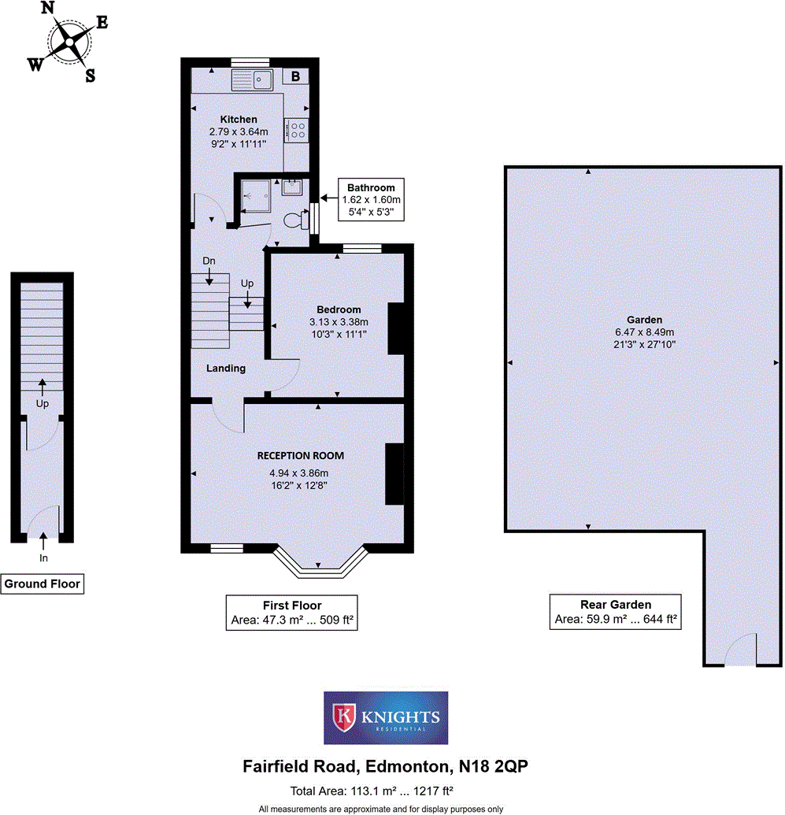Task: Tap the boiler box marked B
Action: tap(296, 76)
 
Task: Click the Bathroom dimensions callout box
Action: tap(371, 200)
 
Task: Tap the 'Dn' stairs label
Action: tap(209, 261)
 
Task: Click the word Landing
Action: tap(226, 368)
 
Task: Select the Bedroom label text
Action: tap(339, 309)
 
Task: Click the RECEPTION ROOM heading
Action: tap(300, 455)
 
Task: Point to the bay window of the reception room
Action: tap(319, 561)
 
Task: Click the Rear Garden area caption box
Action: tap(615, 613)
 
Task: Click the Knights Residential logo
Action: tap(386, 718)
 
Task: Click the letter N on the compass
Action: tap(49, 9)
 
